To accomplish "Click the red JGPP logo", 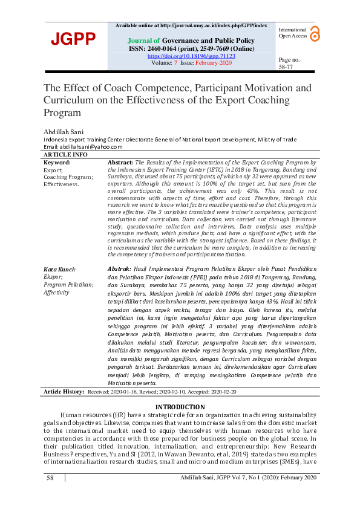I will pyautogui.click(x=73, y=39).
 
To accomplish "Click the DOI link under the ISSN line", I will pyautogui.click(x=191, y=56).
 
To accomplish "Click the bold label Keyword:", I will pyautogui.click(x=57, y=163).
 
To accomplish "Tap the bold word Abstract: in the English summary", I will pyautogui.click(x=120, y=163).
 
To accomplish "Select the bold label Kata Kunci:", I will pyautogui.click(x=60, y=268).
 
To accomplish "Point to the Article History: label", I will pyautogui.click(x=64, y=392).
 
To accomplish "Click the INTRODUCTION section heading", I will pyautogui.click(x=180, y=406).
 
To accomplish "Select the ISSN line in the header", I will pyautogui.click(x=191, y=48).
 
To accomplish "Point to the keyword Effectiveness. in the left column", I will pyautogui.click(x=62, y=184).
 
